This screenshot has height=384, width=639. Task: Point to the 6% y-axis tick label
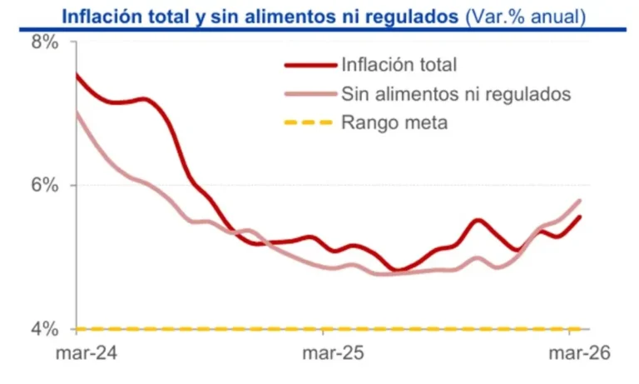(x=44, y=186)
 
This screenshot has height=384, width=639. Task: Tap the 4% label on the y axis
(x=44, y=328)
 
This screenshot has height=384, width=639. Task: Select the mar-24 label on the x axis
(x=87, y=353)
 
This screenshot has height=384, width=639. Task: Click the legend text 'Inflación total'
(x=399, y=64)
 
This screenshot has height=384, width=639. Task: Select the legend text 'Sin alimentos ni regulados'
(x=456, y=93)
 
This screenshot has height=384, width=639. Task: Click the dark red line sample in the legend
(x=309, y=64)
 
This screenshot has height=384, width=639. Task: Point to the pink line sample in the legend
(x=309, y=93)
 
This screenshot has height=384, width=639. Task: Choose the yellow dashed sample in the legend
(x=309, y=123)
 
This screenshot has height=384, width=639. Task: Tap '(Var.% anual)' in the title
(x=525, y=16)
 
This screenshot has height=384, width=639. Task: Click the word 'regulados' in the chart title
(x=417, y=16)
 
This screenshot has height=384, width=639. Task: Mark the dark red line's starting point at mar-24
(x=77, y=75)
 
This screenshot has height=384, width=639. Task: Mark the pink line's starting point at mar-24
(x=77, y=112)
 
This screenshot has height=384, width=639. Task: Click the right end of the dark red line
(x=580, y=217)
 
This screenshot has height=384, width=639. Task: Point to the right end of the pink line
(x=580, y=200)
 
